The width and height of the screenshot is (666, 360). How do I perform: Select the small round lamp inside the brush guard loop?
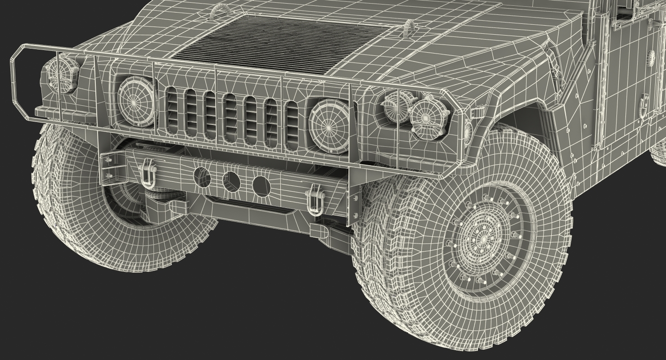coord(62,74)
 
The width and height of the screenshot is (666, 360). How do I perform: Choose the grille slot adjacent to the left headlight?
coord(172,111)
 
